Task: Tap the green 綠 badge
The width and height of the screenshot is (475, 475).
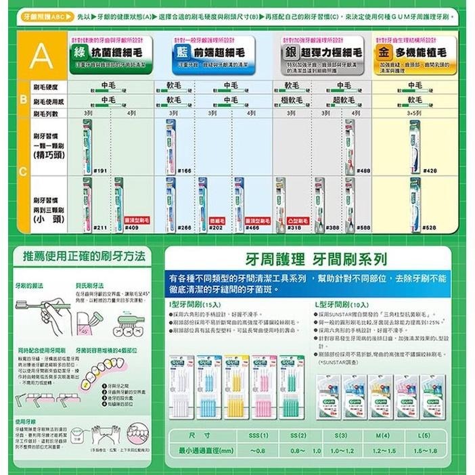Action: (x=79, y=52)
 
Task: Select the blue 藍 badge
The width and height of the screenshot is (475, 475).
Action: (x=181, y=52)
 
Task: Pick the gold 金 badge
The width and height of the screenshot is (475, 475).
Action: (x=384, y=52)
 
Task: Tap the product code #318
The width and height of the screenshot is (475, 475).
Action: (x=294, y=229)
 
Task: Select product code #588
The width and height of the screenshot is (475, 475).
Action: (x=363, y=229)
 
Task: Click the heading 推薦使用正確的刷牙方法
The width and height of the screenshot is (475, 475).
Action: (x=84, y=256)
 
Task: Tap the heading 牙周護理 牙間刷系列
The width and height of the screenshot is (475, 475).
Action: (x=310, y=260)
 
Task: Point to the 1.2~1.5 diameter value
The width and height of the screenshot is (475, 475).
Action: (x=382, y=450)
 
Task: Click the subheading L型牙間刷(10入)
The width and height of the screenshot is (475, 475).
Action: (x=342, y=304)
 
